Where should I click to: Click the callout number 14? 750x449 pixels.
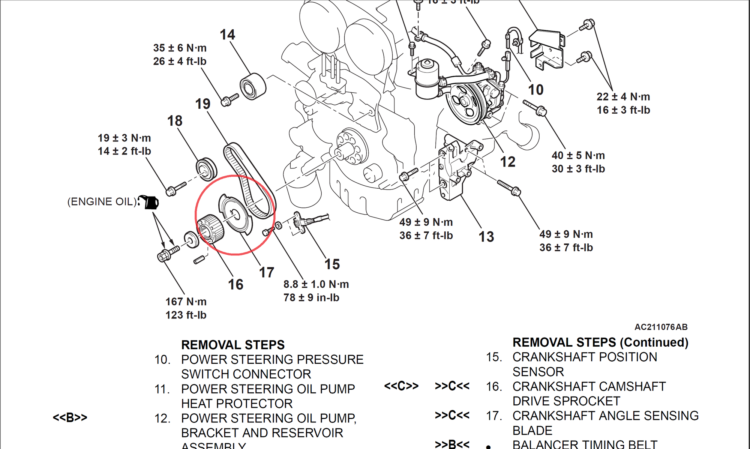(227, 35)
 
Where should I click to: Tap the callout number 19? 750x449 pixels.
(202, 104)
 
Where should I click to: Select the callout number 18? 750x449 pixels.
(175, 121)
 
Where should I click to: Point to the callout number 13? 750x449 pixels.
(486, 237)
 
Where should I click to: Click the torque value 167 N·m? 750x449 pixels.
(186, 302)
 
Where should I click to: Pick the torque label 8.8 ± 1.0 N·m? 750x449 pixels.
(316, 284)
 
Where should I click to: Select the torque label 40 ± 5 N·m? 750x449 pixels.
(578, 155)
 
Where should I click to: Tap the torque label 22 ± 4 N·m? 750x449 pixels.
(623, 97)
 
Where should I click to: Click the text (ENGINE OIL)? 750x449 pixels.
(102, 202)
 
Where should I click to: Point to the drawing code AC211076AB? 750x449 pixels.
(661, 327)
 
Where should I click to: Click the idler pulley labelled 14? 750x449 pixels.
(253, 87)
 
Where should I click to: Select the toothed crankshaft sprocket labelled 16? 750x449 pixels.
(211, 229)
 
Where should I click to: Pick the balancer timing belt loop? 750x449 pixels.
(249, 180)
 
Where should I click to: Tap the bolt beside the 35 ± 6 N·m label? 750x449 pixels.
(229, 99)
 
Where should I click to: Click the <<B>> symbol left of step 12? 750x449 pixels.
(70, 417)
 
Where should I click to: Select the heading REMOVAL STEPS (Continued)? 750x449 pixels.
(600, 342)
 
